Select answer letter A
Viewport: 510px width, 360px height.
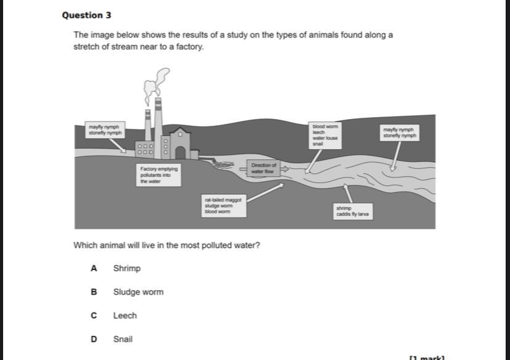pos(94,268)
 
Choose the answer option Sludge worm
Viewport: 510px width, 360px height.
pos(138,292)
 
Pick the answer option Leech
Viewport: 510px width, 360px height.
pos(124,315)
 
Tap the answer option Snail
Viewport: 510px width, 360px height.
pos(123,338)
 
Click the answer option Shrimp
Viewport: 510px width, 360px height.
pos(126,268)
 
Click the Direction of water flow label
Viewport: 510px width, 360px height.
pos(264,168)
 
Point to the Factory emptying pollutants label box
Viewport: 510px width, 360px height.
pos(159,174)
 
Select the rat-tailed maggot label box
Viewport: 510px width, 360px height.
pos(224,205)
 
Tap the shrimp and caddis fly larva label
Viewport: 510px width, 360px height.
pos(352,211)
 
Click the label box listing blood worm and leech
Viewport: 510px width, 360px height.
pos(325,134)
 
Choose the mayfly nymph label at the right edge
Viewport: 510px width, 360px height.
pos(400,133)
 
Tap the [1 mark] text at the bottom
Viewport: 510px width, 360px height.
pos(426,357)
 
